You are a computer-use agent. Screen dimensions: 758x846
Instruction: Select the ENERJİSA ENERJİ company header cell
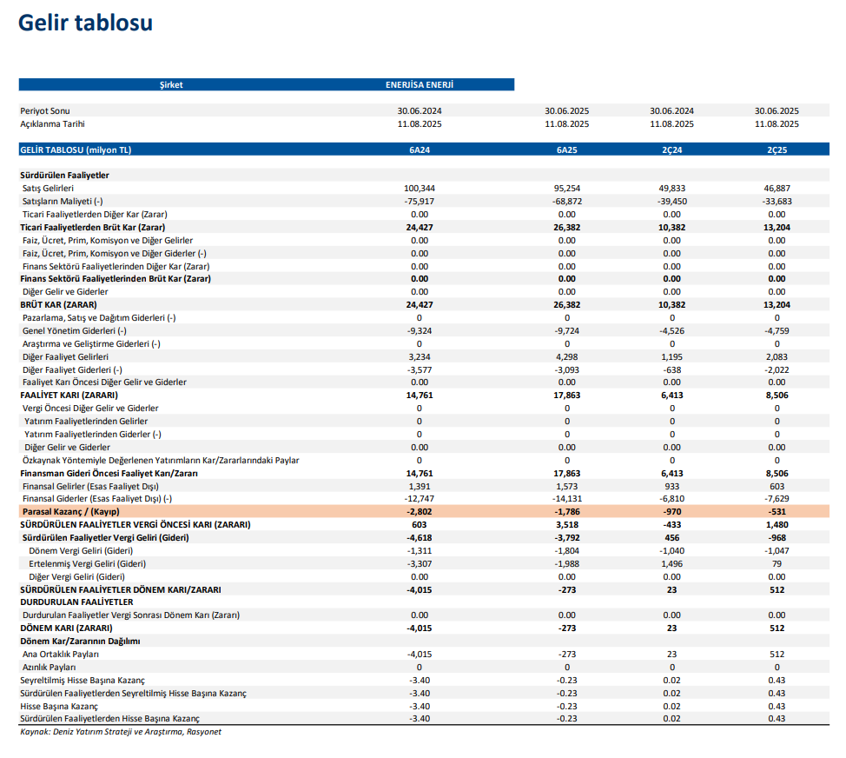pos(419,85)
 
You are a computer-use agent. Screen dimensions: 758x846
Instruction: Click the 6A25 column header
pos(566,150)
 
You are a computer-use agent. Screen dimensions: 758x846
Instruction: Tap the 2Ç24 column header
pos(671,150)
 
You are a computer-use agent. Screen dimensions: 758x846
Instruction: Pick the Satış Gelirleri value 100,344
pos(419,189)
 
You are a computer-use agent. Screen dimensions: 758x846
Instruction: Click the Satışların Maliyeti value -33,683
pos(777,202)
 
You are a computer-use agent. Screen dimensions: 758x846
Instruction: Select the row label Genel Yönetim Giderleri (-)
pos(75,330)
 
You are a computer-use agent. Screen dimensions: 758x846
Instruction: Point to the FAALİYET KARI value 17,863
pos(566,395)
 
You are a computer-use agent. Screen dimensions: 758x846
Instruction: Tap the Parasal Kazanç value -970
pos(671,512)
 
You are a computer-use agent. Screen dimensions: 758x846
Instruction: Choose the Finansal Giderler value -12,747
pos(419,499)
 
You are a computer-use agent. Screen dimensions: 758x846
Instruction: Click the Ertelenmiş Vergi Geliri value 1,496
pos(671,563)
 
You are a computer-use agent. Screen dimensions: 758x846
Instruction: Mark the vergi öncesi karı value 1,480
pos(777,525)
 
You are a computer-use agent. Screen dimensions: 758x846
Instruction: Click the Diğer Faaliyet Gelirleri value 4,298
pos(566,356)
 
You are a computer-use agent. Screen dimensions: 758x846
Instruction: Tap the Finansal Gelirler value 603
pos(777,486)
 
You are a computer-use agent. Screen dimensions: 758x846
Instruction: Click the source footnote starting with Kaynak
pos(121,732)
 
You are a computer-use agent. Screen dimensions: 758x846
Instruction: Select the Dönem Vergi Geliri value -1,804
pos(566,550)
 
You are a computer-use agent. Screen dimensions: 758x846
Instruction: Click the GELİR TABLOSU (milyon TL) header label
pos(76,150)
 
